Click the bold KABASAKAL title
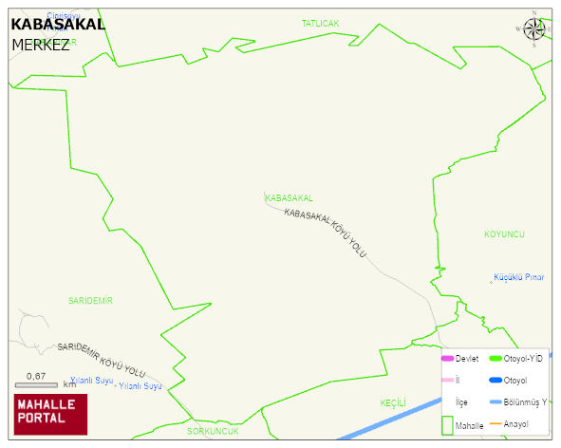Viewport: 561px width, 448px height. click(58, 24)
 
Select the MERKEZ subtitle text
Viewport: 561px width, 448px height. click(40, 45)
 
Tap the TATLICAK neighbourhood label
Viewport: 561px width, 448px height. click(320, 23)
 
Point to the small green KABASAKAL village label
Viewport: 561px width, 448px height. click(289, 197)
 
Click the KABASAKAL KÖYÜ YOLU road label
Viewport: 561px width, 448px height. click(325, 231)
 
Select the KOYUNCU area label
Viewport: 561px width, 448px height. click(504, 233)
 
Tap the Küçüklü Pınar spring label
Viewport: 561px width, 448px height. click(518, 277)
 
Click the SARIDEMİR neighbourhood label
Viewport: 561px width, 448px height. click(90, 300)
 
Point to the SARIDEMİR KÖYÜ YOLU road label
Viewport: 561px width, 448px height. click(102, 360)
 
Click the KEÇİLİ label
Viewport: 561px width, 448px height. click(393, 402)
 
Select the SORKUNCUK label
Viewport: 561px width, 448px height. click(213, 431)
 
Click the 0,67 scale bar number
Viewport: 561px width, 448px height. click(36, 376)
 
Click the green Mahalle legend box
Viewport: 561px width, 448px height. click(447, 424)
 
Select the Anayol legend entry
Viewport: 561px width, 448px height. click(516, 423)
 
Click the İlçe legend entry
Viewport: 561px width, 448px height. click(461, 401)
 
